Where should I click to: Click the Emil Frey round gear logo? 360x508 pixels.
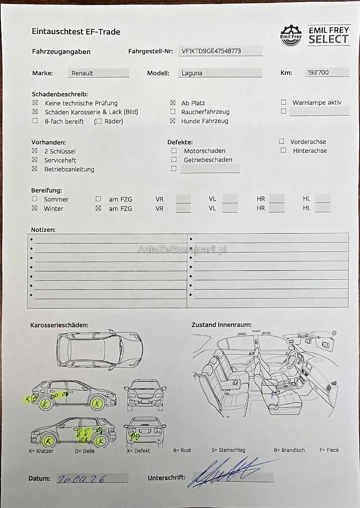(291, 36)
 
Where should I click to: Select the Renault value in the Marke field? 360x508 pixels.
(82, 73)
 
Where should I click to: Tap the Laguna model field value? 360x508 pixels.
(192, 73)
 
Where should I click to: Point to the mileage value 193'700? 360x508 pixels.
(318, 72)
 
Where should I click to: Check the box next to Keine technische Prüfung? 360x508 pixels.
(35, 103)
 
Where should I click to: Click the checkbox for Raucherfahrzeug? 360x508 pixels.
(173, 112)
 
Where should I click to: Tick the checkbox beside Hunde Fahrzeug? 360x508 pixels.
(173, 121)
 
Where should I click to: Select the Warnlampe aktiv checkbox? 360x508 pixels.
(284, 103)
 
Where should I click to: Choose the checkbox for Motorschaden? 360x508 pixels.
(174, 151)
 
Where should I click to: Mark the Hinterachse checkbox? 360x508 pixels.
(283, 150)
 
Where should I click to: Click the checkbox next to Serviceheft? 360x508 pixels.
(35, 160)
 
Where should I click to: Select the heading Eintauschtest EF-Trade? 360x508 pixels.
(76, 32)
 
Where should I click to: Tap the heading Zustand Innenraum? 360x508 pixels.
(221, 325)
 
